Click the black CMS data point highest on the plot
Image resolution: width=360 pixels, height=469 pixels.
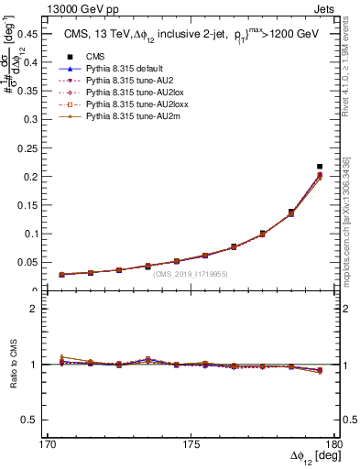(x=319, y=167)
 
